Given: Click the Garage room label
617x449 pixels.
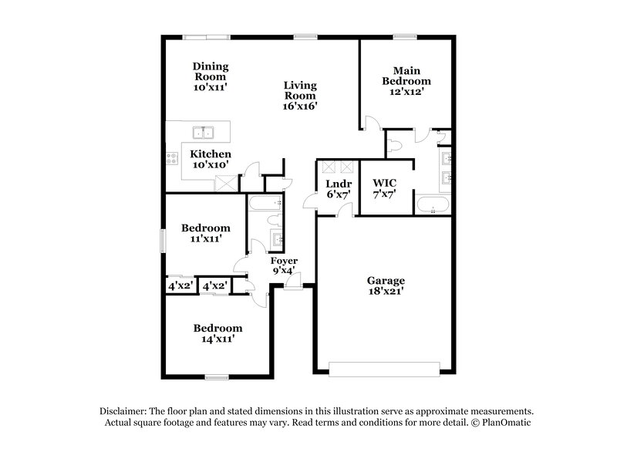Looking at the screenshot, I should (386, 286).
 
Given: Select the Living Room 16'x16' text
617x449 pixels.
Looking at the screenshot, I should (300, 96).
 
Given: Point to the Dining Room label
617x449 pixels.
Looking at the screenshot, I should (210, 76).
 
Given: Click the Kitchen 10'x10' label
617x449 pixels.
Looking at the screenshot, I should (210, 160).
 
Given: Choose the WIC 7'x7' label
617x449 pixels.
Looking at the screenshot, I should (384, 187).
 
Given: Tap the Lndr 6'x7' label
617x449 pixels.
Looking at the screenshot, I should (339, 189).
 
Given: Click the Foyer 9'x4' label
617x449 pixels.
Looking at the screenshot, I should (284, 266).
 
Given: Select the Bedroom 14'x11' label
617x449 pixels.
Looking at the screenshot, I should (217, 333).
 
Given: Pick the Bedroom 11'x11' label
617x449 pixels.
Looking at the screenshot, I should (206, 233).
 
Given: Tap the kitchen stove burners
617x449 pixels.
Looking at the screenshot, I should (171, 160).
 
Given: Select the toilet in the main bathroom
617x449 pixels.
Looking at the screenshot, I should (394, 143).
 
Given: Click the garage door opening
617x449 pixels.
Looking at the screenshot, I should (386, 366).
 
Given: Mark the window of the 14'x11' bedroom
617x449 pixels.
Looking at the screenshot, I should (217, 376).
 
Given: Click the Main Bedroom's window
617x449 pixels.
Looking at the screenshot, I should (406, 35).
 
